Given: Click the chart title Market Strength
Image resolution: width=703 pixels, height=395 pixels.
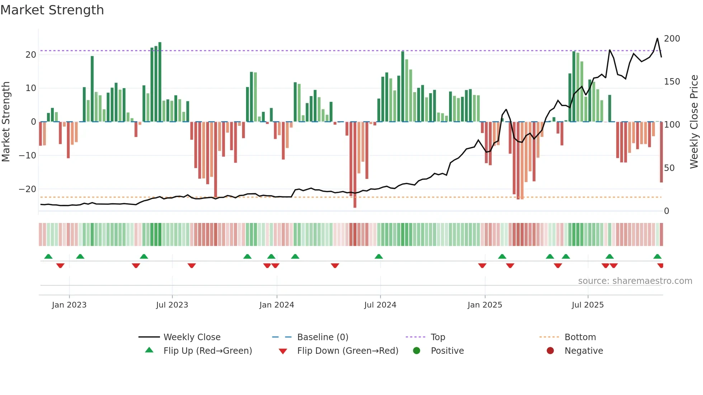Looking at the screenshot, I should pyautogui.click(x=52, y=10).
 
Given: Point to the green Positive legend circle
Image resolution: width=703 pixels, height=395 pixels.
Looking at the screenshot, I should pyautogui.click(x=416, y=351).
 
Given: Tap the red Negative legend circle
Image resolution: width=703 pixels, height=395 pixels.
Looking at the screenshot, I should pyautogui.click(x=550, y=351).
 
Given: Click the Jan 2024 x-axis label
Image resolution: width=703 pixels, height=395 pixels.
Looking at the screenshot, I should pyautogui.click(x=277, y=305).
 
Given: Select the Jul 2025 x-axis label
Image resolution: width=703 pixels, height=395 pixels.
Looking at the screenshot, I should pyautogui.click(x=588, y=305).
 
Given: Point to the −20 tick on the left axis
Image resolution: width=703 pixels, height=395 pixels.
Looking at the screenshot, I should pyautogui.click(x=28, y=189).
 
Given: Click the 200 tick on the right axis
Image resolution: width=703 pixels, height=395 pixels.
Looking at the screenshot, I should pyautogui.click(x=672, y=39).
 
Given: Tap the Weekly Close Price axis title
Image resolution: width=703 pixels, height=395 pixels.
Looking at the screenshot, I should pyautogui.click(x=694, y=122).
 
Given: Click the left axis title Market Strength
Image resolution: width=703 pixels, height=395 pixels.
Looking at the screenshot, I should pyautogui.click(x=6, y=122).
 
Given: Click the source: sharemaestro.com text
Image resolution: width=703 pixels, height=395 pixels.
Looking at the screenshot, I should pyautogui.click(x=635, y=281).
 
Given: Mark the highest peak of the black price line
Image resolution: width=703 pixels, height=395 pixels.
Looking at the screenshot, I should pyautogui.click(x=657, y=38).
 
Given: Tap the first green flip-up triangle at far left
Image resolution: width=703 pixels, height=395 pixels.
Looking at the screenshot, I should pyautogui.click(x=48, y=256).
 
